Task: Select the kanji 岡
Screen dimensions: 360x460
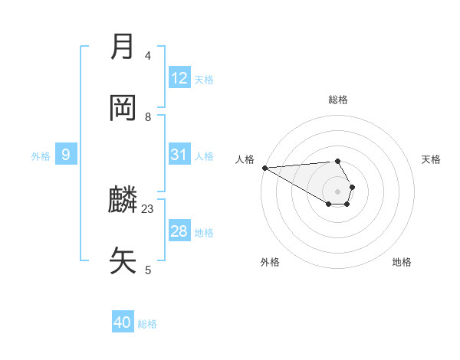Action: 123,109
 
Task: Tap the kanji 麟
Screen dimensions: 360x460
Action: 123,201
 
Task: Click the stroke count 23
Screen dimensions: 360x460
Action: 148,208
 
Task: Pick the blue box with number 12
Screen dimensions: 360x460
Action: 179,78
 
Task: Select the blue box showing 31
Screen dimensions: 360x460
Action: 179,155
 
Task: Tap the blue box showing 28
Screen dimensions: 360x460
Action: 179,231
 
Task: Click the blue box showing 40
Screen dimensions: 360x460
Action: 123,323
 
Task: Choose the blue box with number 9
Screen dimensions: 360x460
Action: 66,155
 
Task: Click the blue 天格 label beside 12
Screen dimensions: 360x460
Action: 204,80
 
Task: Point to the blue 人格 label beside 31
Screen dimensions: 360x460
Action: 204,156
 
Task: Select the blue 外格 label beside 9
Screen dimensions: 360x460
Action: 41,156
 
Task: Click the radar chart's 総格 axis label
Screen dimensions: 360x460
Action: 337,100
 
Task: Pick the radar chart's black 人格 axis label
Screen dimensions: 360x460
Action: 245,159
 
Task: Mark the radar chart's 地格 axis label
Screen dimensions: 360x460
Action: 402,262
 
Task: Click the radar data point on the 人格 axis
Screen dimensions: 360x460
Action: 264,168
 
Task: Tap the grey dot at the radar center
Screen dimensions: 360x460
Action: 337,191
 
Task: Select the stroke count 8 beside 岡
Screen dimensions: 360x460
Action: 148,116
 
